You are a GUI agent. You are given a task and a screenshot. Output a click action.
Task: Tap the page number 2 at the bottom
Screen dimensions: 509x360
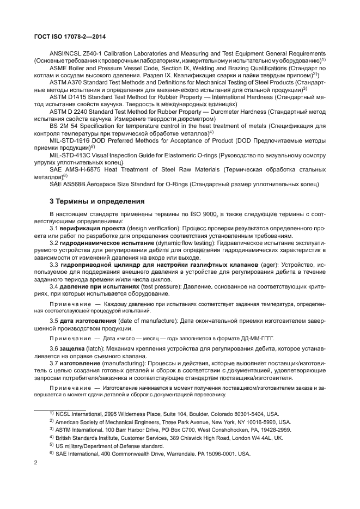point(35,463)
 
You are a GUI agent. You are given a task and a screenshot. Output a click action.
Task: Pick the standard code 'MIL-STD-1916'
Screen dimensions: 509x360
point(70,140)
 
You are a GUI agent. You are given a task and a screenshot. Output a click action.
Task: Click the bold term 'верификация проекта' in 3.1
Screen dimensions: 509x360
point(95,229)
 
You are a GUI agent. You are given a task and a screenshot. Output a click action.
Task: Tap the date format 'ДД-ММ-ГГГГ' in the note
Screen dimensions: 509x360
point(253,338)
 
